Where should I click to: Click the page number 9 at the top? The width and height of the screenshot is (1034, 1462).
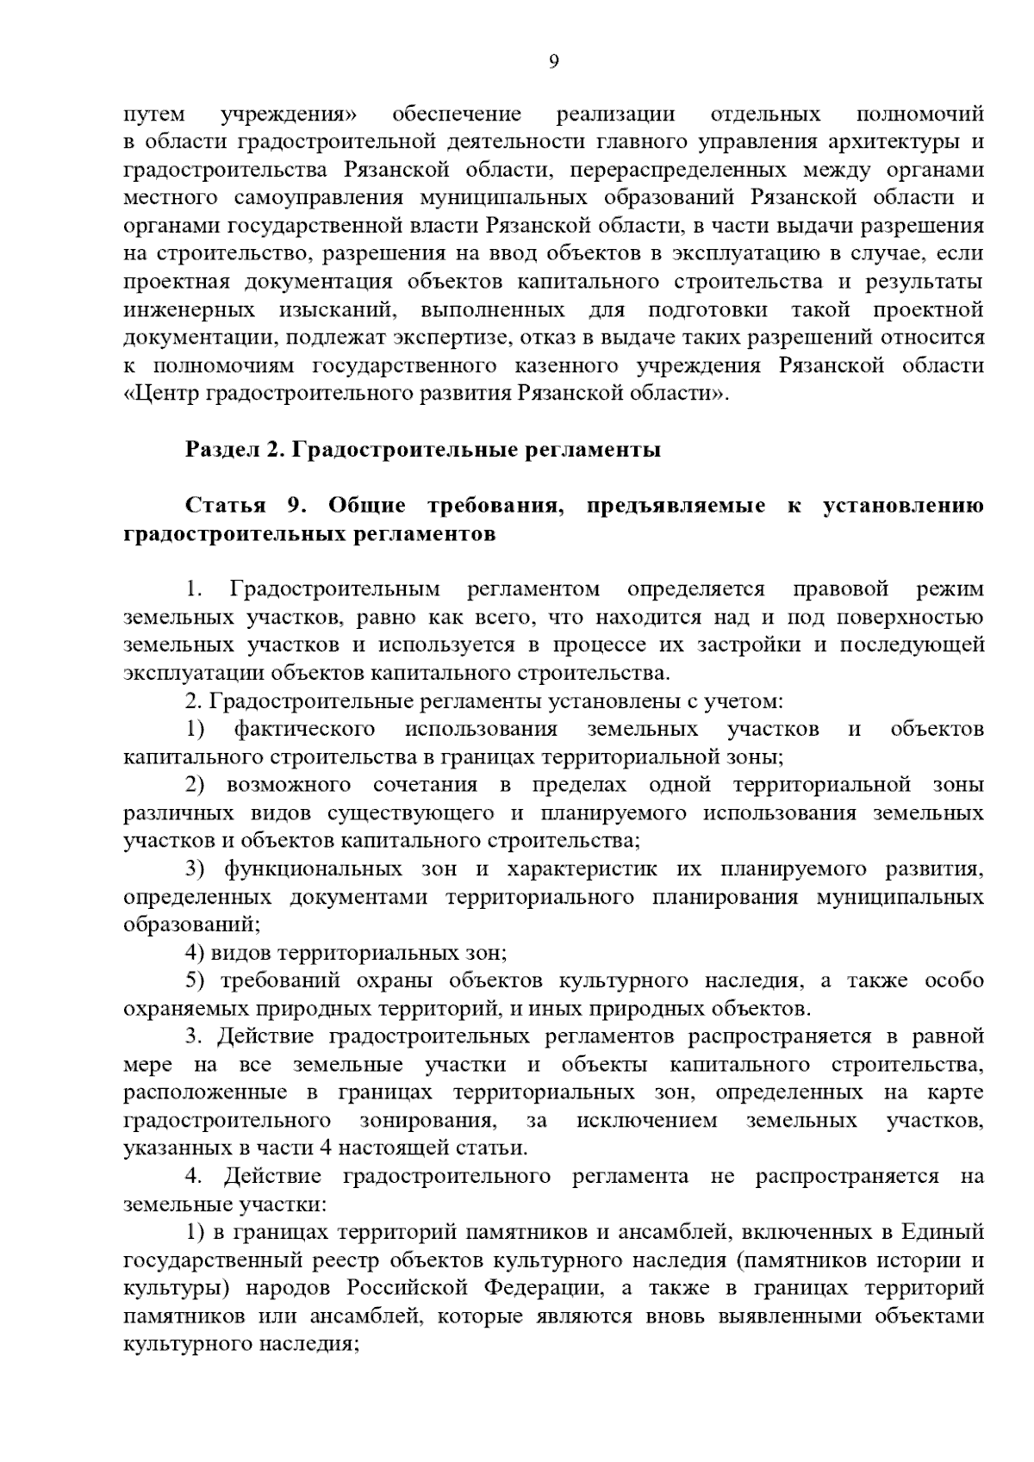pos(554,61)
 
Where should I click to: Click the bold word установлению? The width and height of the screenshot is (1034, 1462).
pos(904,506)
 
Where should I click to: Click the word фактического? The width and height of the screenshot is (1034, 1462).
pos(305,730)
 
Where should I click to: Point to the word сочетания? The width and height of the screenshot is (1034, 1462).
pos(426,786)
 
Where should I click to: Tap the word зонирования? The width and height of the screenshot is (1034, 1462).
pos(426,1121)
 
